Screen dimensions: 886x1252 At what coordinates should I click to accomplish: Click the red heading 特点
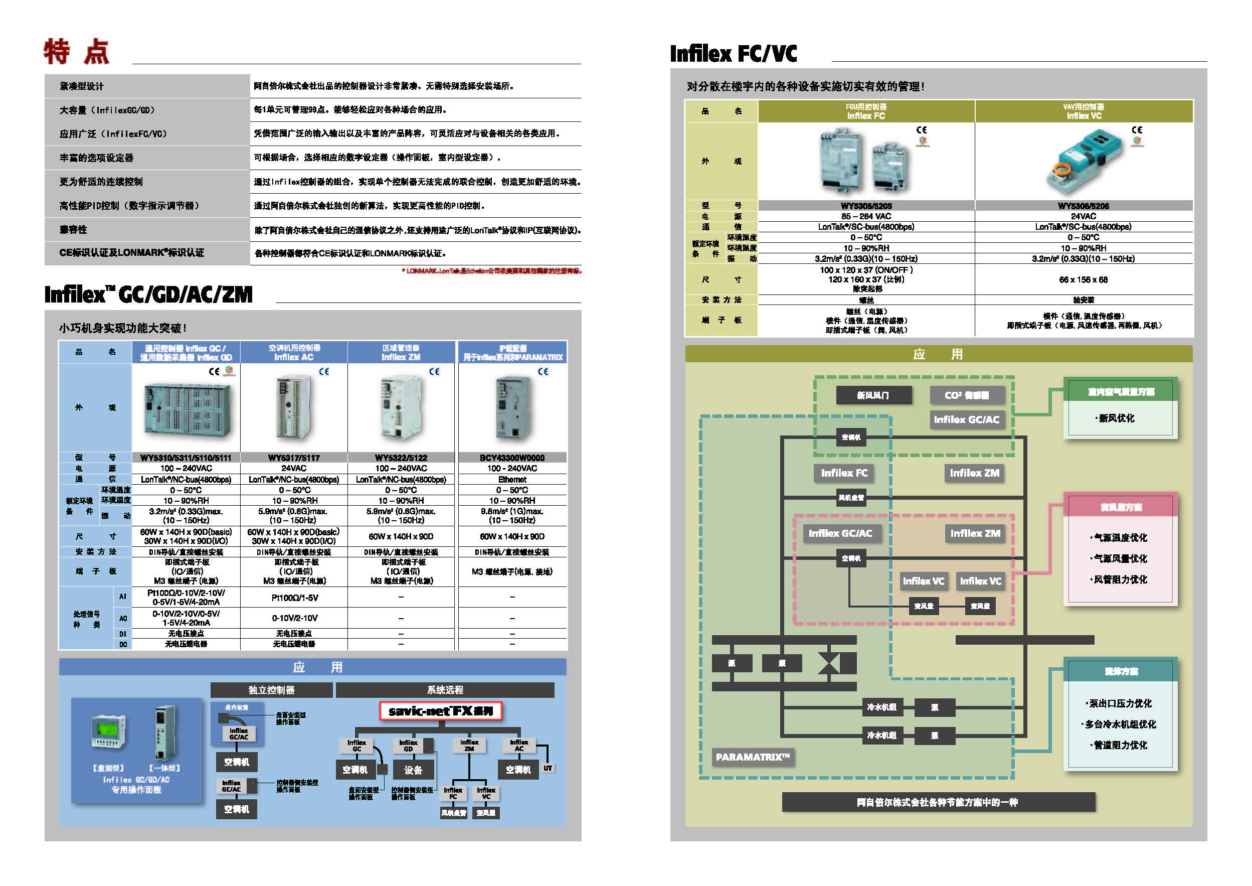click(x=76, y=52)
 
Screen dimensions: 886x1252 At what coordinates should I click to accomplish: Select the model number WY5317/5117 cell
click(x=293, y=458)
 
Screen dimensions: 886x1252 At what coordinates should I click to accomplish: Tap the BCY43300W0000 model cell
click(x=511, y=458)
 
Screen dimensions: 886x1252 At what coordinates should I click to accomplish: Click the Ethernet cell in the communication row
click(x=511, y=479)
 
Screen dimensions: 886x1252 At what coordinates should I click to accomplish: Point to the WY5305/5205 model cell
click(x=866, y=206)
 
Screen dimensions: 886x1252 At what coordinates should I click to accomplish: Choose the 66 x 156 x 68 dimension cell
click(x=1083, y=279)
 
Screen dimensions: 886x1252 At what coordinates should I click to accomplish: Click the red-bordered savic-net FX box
click(x=441, y=711)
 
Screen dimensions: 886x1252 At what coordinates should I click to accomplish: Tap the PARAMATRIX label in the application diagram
click(x=753, y=757)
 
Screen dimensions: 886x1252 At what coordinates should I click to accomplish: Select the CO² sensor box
click(x=966, y=395)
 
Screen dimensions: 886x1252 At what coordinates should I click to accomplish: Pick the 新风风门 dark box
click(x=873, y=395)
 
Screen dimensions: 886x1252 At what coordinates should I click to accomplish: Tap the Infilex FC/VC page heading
click(x=733, y=54)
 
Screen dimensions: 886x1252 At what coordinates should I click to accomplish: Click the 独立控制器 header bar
click(x=271, y=690)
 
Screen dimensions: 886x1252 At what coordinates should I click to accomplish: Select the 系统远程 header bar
click(x=445, y=690)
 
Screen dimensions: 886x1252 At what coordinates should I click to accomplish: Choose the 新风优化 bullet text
click(x=1116, y=418)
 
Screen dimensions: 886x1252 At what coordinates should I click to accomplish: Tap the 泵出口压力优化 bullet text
click(x=1120, y=703)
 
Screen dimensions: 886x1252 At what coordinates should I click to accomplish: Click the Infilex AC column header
click(x=293, y=352)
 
